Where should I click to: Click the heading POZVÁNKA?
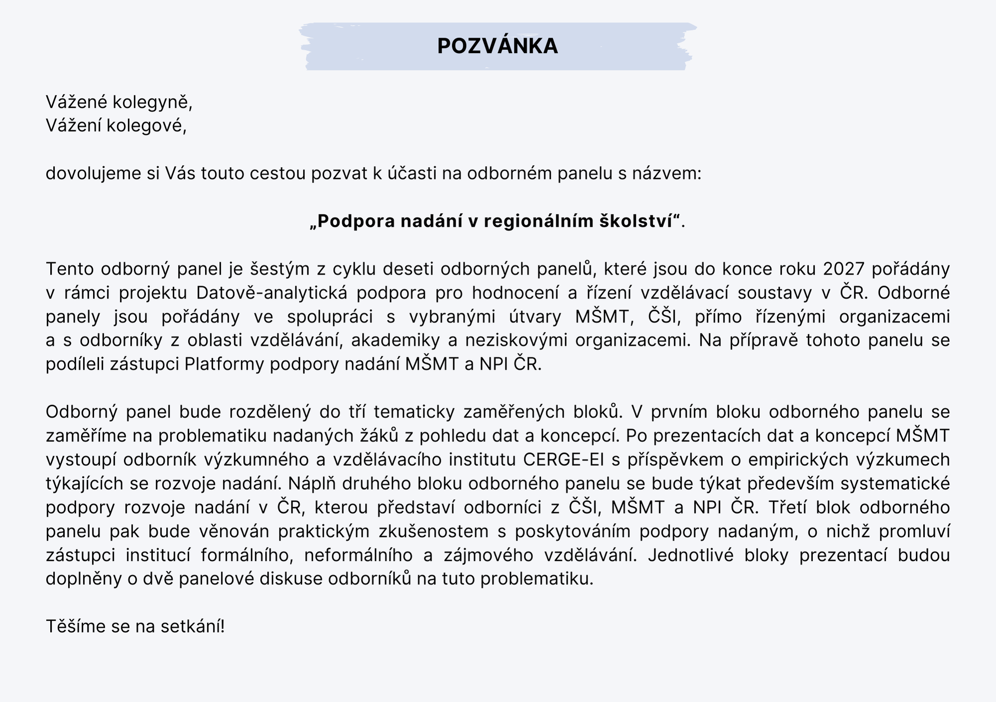[x=498, y=46]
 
